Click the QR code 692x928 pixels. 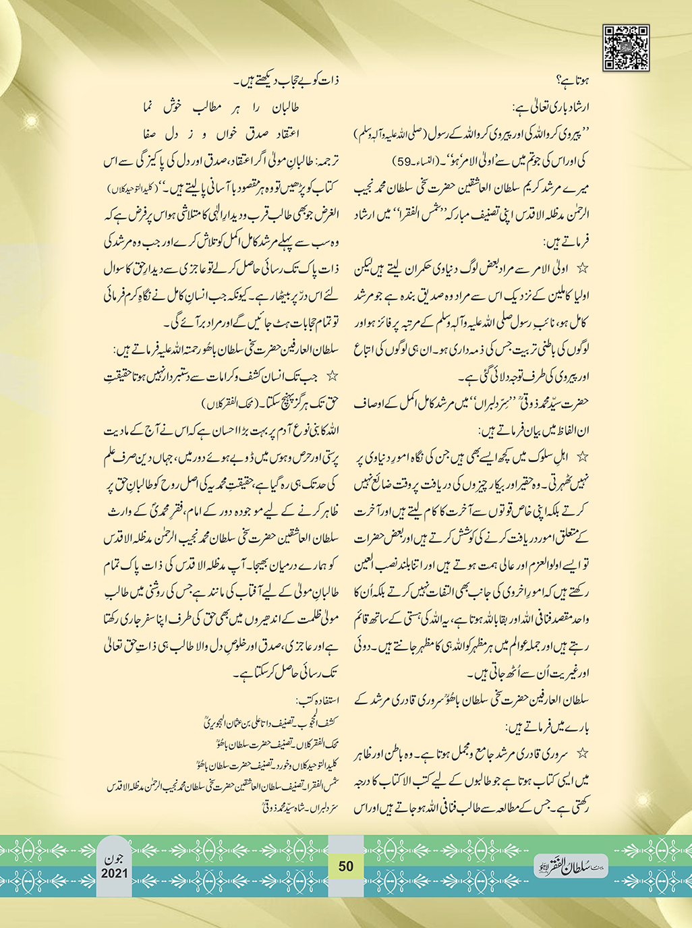click(x=626, y=48)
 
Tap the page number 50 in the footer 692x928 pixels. click(x=346, y=866)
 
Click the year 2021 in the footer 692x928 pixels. click(x=115, y=873)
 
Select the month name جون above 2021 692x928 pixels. click(x=115, y=859)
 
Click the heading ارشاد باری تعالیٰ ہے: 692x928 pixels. click(x=550, y=107)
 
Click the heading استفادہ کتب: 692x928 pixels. click(x=317, y=697)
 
